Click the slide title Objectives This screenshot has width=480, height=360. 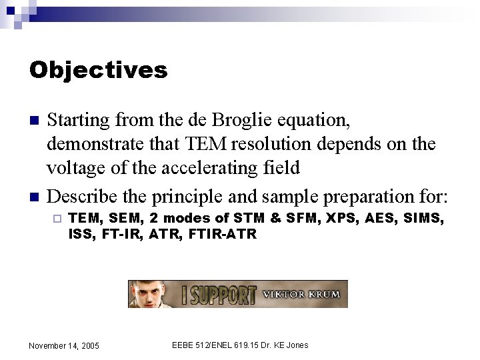pos(98,70)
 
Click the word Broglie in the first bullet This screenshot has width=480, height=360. pos(243,120)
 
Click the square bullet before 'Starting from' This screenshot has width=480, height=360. pos(34,121)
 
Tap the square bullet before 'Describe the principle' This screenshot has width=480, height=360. pos(34,197)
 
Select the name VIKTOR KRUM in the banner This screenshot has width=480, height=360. pos(301,294)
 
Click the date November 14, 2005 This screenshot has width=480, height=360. pos(64,345)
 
